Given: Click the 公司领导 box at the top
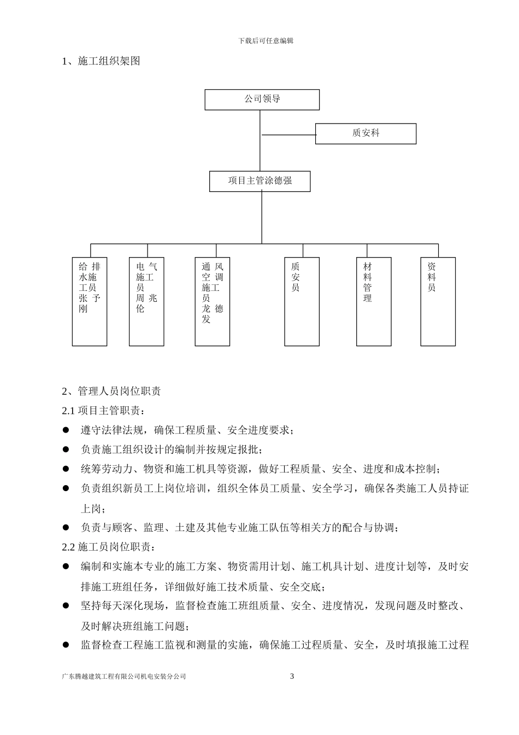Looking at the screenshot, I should coord(262,100).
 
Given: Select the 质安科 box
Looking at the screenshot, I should coord(365,133).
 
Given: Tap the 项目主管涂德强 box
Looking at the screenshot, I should coord(259,181).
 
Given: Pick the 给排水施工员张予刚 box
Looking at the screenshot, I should coord(90,301).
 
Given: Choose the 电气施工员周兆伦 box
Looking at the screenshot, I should coord(146,301).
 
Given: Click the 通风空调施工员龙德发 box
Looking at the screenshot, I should coord(213,301).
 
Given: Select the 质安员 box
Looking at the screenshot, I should coord(302,301).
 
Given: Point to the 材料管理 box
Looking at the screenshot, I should coord(374,301).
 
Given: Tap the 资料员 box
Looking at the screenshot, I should coord(438,301).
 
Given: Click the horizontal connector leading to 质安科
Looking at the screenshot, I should coord(288,135).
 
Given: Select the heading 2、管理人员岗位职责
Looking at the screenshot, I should coord(111,391).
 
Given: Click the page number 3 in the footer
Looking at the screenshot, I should coord(292,676).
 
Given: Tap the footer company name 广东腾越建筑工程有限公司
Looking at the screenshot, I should coord(125,676).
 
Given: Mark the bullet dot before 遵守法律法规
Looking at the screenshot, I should coord(66,430).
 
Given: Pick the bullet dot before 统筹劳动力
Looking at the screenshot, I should coord(66,469).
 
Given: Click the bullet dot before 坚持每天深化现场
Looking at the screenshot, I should coord(66,605).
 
